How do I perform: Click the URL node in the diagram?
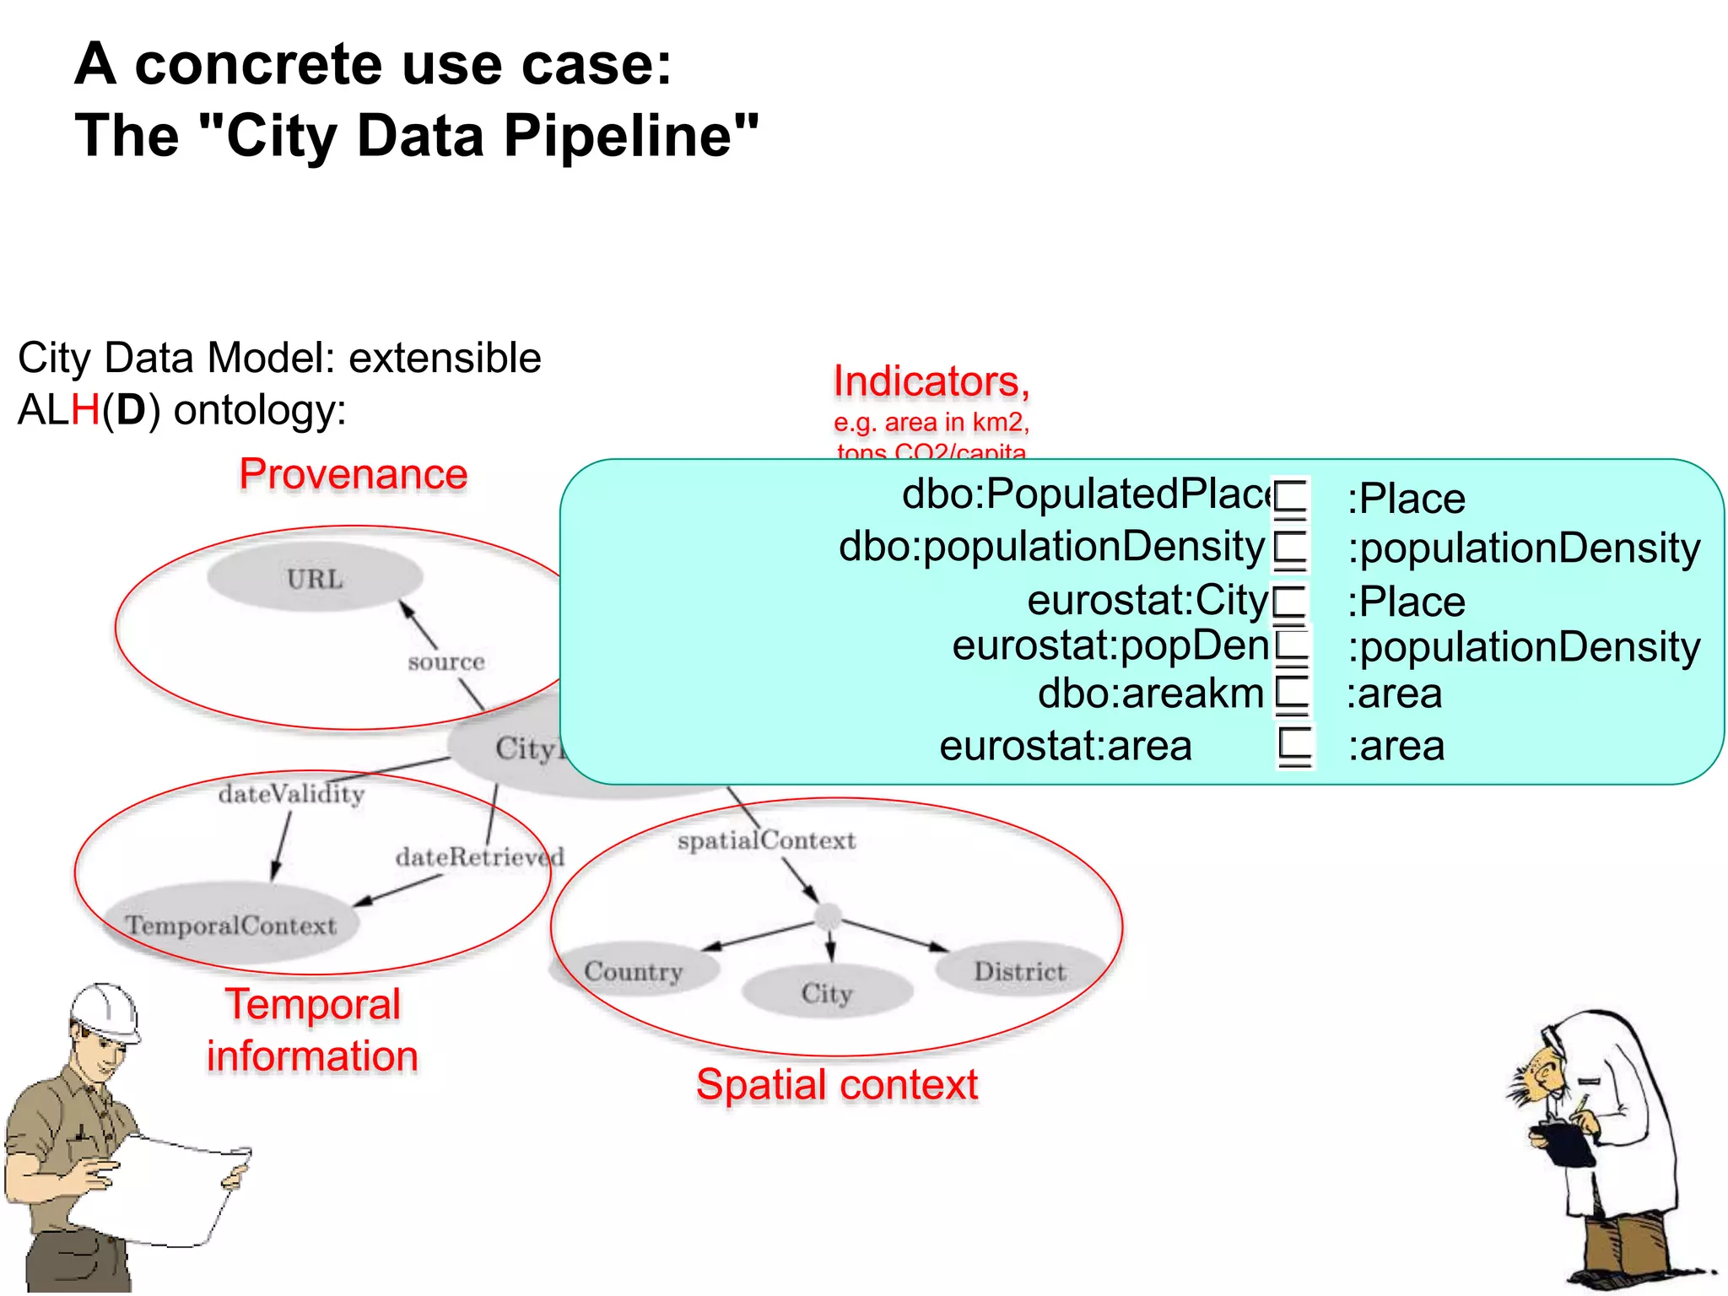(x=315, y=578)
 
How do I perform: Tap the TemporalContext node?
(x=231, y=925)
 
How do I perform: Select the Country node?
(x=634, y=971)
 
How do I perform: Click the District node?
(x=1020, y=971)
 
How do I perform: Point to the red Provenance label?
(x=353, y=473)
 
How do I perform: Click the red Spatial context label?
(x=837, y=1084)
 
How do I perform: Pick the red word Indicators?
(x=931, y=381)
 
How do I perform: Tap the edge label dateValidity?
(x=291, y=794)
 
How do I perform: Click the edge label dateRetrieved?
(x=479, y=857)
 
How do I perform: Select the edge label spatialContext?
(x=766, y=840)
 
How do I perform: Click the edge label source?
(x=446, y=661)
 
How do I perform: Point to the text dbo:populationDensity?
(x=1051, y=546)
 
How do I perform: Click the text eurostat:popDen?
(x=1110, y=645)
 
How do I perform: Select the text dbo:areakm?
(x=1151, y=694)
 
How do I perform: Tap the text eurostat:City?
(x=1147, y=600)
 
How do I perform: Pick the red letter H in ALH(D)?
(x=85, y=410)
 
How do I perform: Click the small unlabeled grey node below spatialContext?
(x=828, y=915)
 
